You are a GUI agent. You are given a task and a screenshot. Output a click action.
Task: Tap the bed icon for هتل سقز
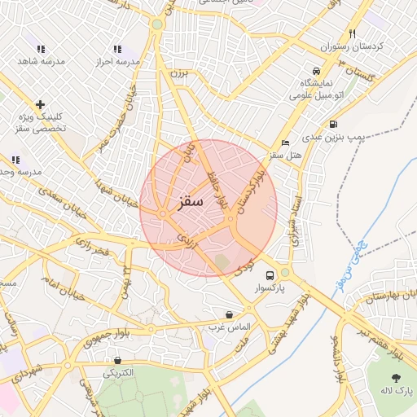[285, 143]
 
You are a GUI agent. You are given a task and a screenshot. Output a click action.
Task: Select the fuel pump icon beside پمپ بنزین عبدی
[333, 125]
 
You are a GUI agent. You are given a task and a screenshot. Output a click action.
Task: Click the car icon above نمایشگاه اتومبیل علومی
[316, 70]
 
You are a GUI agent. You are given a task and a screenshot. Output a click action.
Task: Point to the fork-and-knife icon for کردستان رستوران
[352, 34]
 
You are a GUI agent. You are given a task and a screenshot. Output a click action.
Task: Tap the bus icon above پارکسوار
[270, 274]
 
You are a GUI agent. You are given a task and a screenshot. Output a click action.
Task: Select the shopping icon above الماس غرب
[229, 314]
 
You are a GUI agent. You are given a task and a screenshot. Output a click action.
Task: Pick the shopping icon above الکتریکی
[119, 360]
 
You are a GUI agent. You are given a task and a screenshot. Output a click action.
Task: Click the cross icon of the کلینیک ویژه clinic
[40, 104]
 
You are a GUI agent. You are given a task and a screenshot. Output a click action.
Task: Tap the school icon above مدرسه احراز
[118, 49]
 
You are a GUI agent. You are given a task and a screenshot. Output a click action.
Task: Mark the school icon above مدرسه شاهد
[42, 49]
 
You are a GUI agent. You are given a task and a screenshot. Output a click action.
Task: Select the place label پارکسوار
[270, 288]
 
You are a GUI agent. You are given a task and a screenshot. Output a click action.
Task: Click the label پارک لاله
[397, 392]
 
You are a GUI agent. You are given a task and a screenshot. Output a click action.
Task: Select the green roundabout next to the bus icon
[285, 272]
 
